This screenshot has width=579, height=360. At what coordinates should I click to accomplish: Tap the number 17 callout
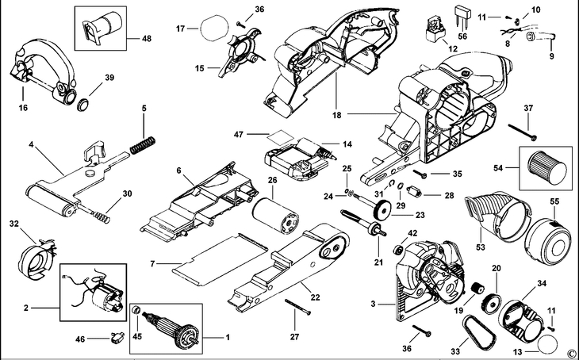(180, 29)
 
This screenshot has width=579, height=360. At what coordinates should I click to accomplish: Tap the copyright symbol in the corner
(570, 353)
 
